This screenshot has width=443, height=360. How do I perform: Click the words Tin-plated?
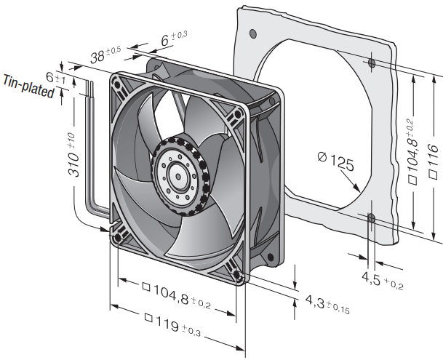pos(28,87)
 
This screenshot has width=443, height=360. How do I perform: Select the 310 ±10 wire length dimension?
pos(71,155)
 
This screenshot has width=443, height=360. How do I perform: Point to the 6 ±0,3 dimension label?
pos(174,39)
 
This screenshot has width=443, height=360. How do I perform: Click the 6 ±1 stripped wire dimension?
pos(55,77)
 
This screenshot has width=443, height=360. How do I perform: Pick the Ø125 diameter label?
pos(335,161)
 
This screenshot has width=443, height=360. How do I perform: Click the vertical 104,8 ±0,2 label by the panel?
pos(412,152)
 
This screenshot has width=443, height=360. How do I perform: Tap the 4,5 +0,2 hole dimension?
pos(383,280)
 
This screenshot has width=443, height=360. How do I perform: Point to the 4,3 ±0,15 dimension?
pos(327,304)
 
